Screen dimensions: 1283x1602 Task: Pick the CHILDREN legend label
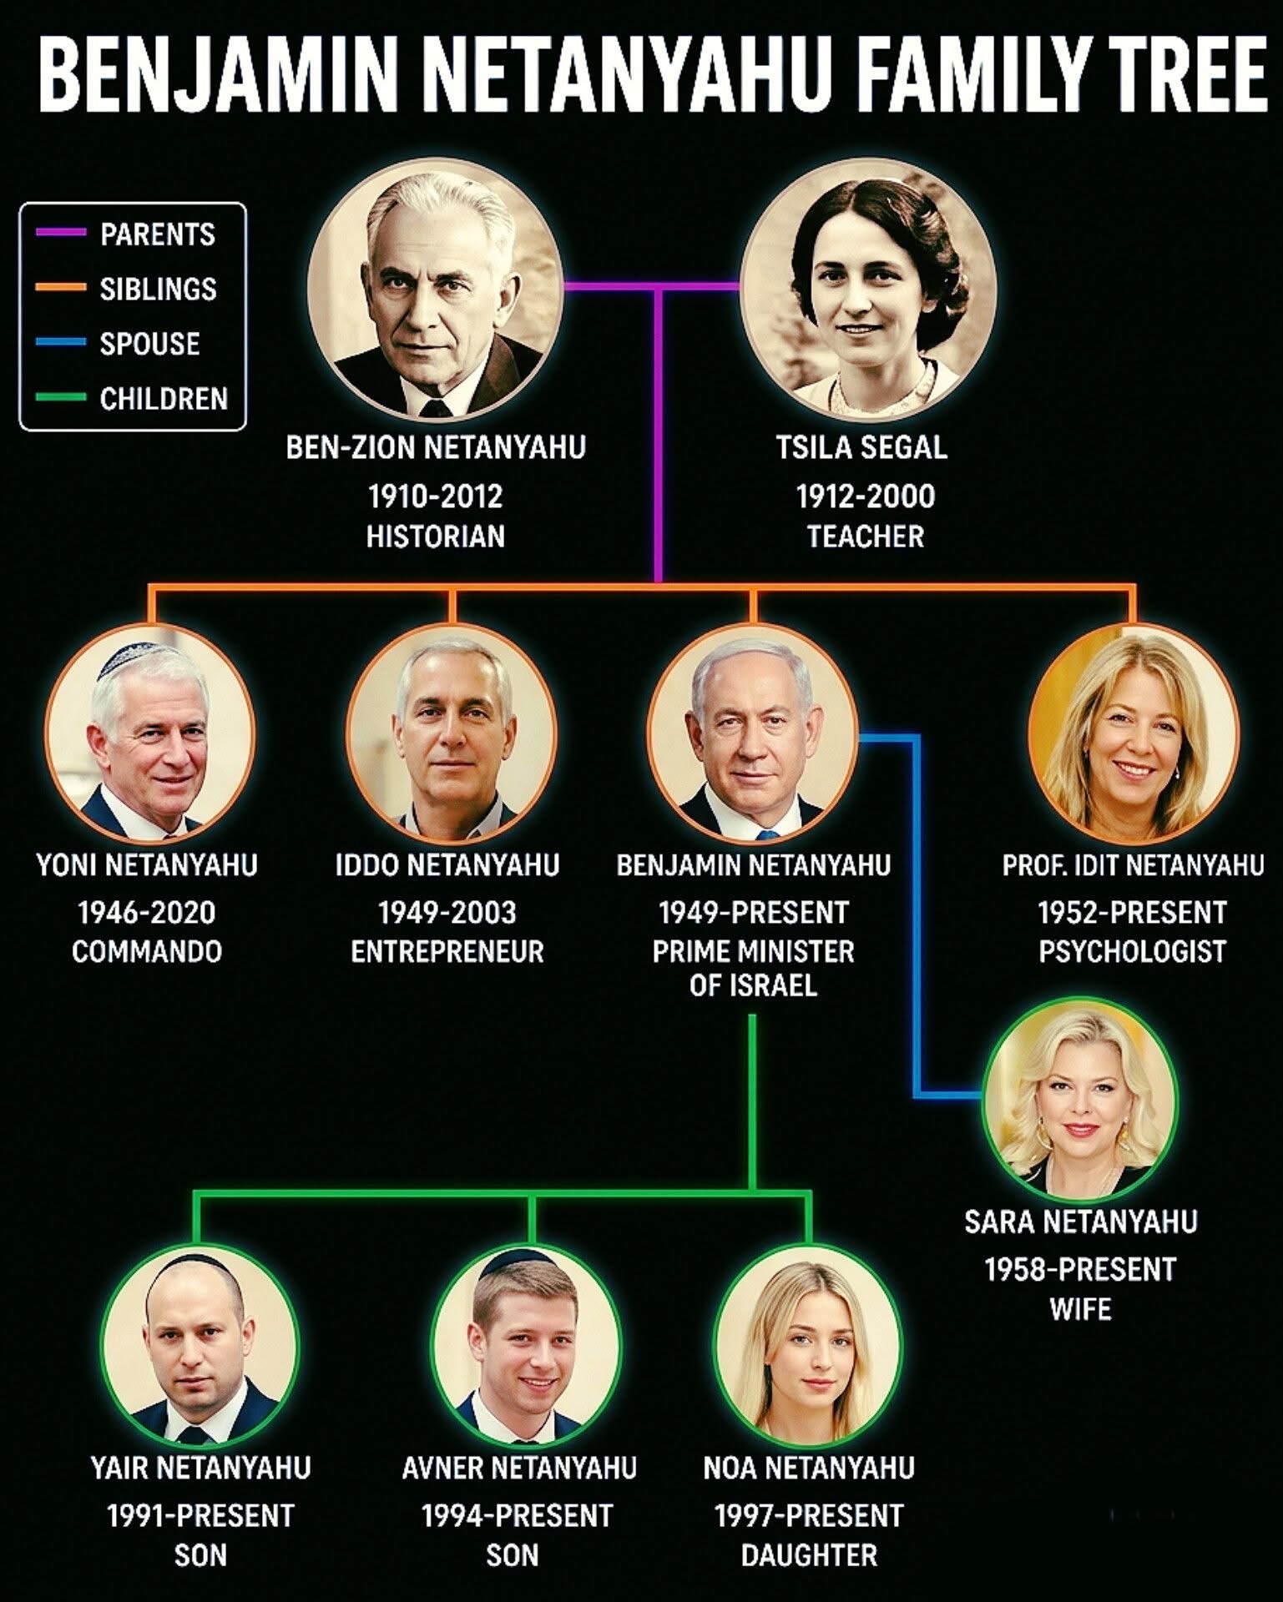(x=164, y=398)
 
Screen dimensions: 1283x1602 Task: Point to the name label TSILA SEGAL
(x=861, y=448)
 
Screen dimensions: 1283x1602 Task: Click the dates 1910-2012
(x=436, y=496)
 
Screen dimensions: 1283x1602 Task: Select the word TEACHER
(x=866, y=536)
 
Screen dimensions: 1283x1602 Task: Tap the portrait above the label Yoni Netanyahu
(x=149, y=733)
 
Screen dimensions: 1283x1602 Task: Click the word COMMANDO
(x=147, y=951)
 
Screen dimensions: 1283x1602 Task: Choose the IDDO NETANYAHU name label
(x=447, y=865)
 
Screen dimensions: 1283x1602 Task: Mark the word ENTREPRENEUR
(x=447, y=951)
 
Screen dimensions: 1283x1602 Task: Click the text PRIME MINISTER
(x=753, y=951)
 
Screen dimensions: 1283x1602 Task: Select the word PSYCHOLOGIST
(x=1133, y=951)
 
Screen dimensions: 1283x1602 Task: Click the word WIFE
(x=1081, y=1308)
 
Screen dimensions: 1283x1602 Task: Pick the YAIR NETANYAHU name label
(x=200, y=1468)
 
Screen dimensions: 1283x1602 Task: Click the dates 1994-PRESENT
(x=517, y=1515)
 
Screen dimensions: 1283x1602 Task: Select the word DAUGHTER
(x=809, y=1555)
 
